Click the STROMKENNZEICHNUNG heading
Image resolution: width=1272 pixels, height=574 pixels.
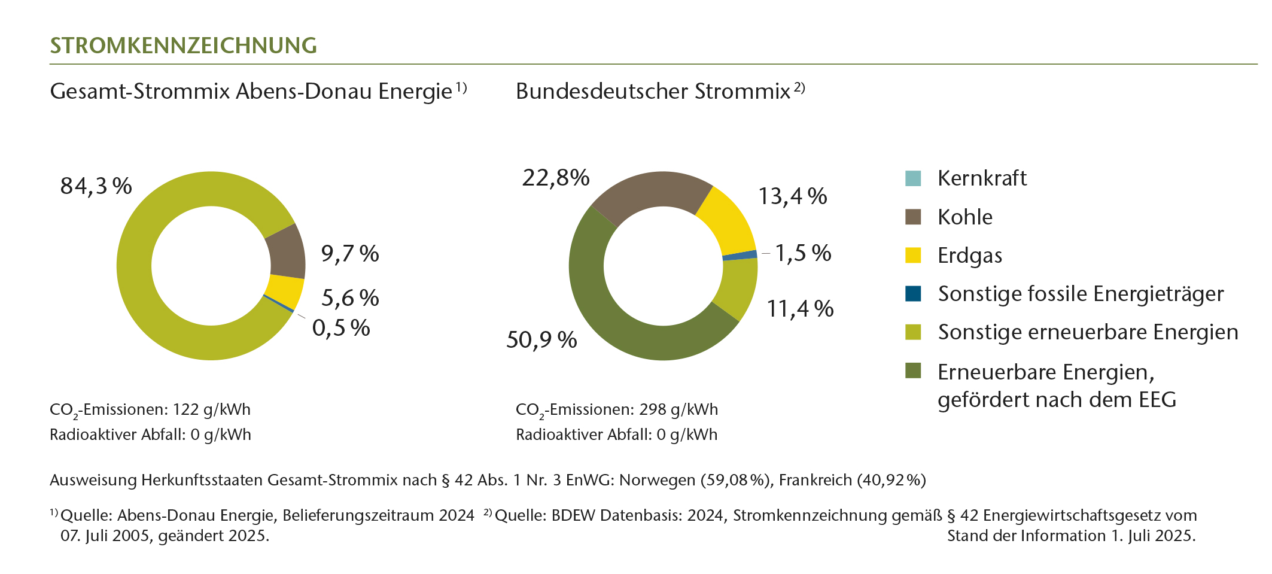pos(183,46)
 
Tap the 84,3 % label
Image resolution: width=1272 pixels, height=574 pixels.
pos(96,186)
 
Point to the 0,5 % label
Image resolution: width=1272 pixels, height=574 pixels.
pos(341,328)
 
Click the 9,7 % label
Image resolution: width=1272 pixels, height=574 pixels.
pos(350,254)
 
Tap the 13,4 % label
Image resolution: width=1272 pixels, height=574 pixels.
pos(793,196)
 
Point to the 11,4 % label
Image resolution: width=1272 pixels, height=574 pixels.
pos(800,309)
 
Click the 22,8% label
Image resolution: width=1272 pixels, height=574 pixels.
pos(556,178)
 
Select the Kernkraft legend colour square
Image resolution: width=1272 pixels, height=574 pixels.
pos(913,178)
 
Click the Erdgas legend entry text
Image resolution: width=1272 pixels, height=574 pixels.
pos(969,256)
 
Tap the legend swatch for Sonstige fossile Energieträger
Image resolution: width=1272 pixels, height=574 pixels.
pos(913,294)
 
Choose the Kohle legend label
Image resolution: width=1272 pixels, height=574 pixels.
pos(964,217)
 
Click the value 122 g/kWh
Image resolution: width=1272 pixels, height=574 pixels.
pos(212,410)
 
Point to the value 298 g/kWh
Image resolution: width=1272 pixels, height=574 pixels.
pos(678,410)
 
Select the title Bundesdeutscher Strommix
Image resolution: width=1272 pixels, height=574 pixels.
pos(653,92)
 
